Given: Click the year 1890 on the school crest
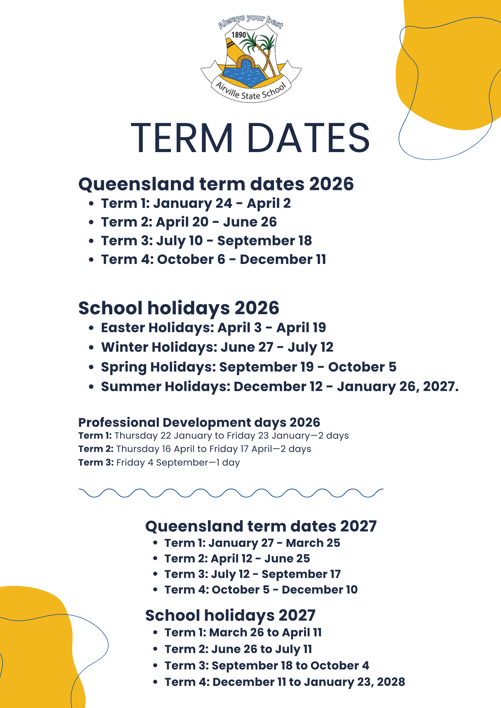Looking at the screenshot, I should click(239, 35).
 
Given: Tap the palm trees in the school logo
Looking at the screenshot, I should click(262, 46).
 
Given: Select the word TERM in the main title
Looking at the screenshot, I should click(182, 138).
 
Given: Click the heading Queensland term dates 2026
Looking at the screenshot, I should click(216, 184).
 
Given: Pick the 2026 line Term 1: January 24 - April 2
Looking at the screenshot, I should click(196, 204).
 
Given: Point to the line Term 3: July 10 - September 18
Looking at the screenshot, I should click(206, 241).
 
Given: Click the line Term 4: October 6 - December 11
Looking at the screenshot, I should click(213, 260).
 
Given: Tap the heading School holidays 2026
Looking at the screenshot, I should click(179, 308).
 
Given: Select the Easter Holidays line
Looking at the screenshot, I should click(213, 328).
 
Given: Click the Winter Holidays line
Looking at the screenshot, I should click(217, 347).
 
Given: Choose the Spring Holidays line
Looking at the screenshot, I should click(249, 367).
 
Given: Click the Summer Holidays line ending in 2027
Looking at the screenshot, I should click(280, 387).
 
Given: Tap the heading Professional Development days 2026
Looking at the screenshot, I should click(199, 423).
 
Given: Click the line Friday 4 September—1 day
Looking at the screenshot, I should click(159, 462).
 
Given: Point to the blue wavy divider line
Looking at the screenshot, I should click(231, 493).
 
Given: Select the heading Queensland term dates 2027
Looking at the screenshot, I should click(261, 526).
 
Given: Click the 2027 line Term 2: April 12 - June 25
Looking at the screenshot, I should click(237, 558).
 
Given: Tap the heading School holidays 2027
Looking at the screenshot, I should click(230, 615).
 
